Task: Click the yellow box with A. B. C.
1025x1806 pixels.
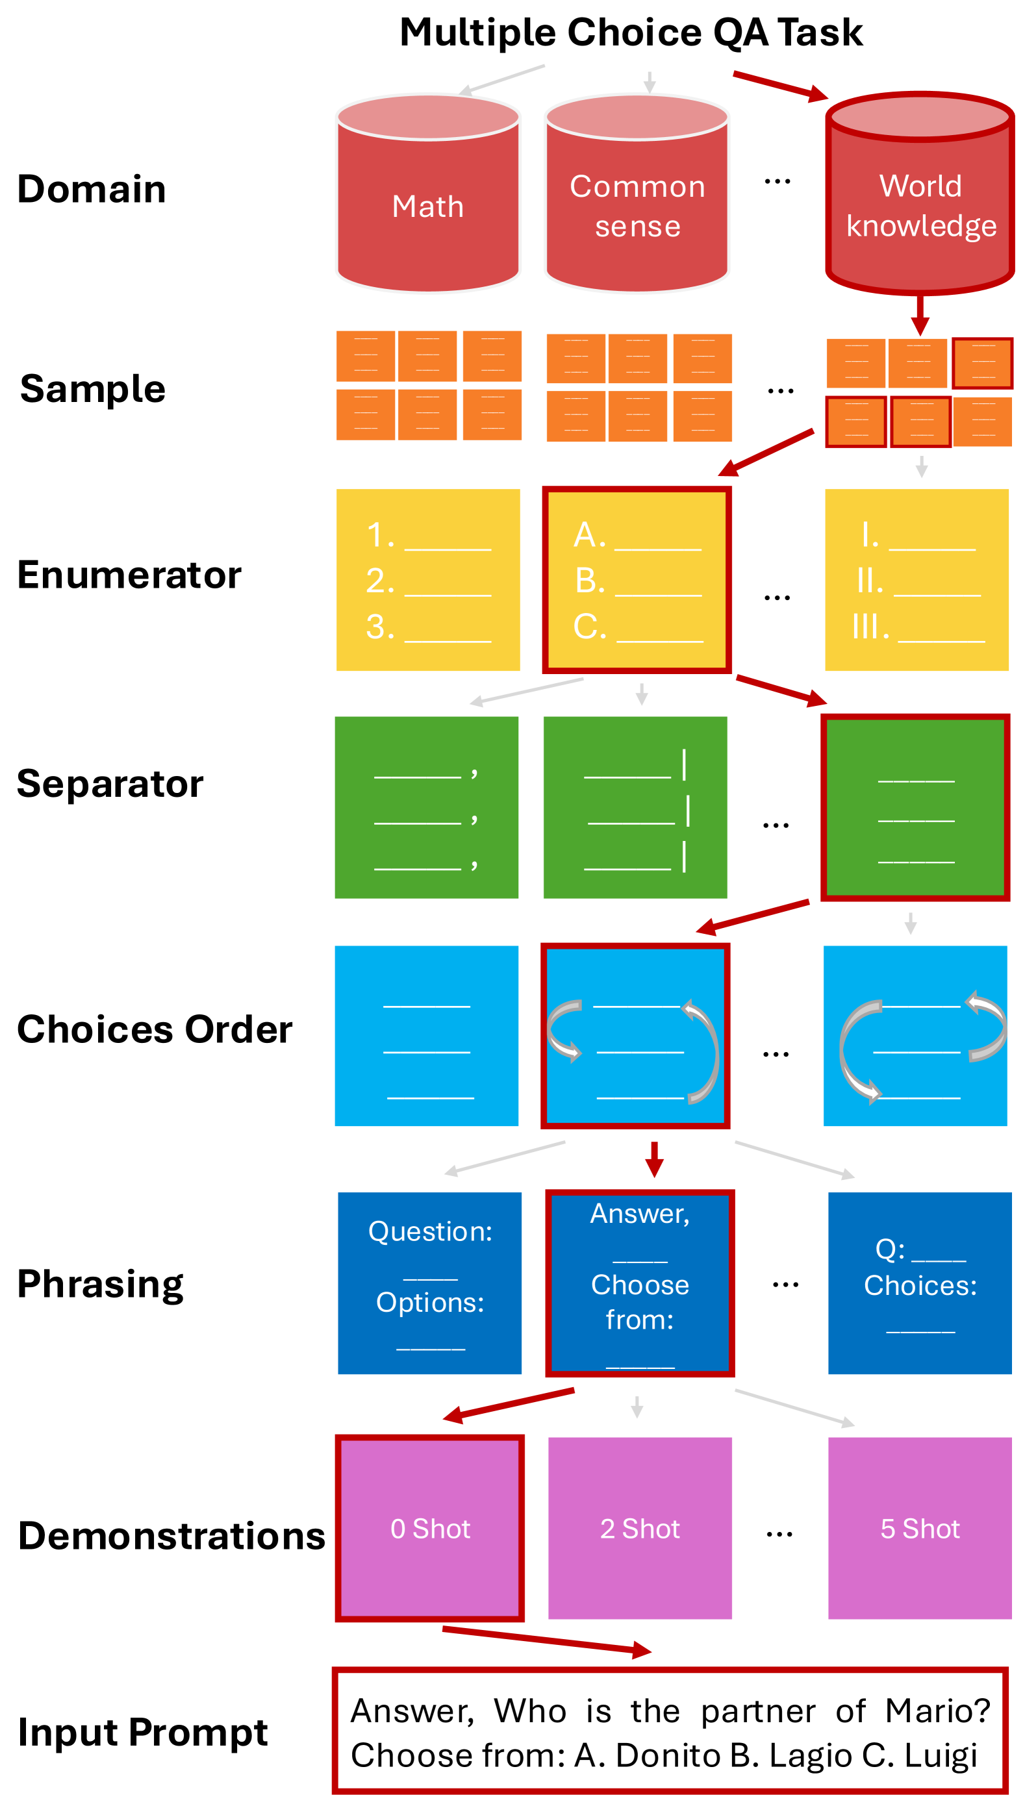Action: pos(637,580)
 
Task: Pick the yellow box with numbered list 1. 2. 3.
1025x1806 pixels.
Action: pos(428,580)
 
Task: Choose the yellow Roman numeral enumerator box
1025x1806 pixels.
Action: pos(917,580)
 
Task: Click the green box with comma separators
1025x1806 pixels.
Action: pos(427,807)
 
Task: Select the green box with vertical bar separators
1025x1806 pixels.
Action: pos(635,807)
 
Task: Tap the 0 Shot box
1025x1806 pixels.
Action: pos(430,1528)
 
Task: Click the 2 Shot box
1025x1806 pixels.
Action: pos(640,1528)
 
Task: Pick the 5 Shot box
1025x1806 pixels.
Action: pos(919,1528)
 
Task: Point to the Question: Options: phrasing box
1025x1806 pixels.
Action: pos(429,1283)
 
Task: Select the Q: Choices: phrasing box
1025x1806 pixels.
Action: pos(919,1283)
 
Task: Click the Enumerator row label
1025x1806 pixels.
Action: pos(129,575)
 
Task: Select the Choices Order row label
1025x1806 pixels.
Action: pos(154,1030)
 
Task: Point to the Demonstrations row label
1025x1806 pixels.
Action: pos(171,1535)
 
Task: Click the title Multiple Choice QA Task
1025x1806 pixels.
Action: pos(631,32)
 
